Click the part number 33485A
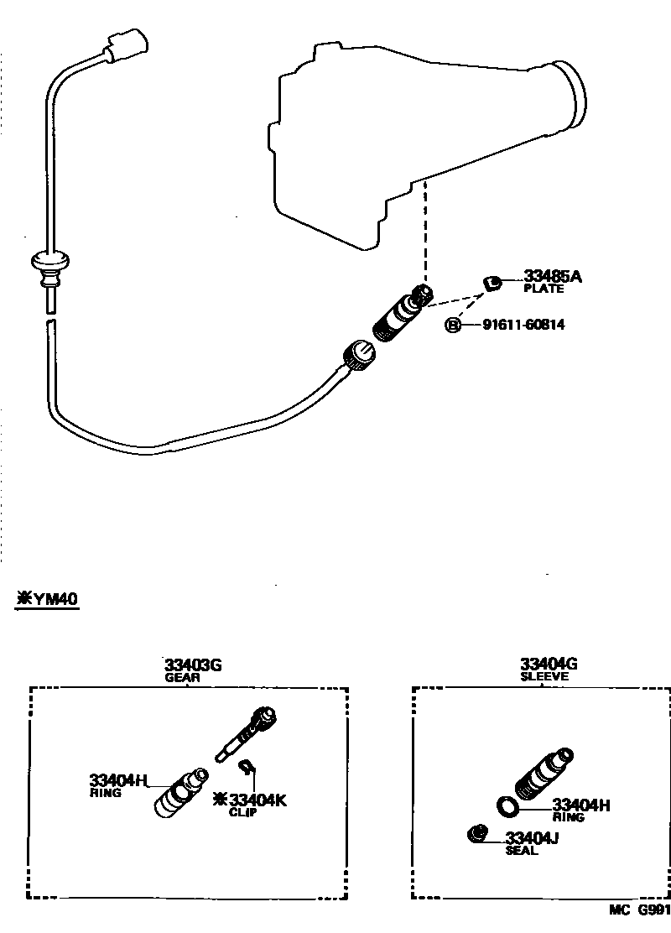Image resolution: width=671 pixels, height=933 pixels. [x=553, y=276]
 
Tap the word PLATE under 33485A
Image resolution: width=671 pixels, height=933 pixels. [x=544, y=289]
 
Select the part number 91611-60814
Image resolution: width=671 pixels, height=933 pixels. [x=523, y=325]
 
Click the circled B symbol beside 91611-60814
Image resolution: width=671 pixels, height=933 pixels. [x=453, y=325]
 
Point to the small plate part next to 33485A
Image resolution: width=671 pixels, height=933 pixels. [x=493, y=281]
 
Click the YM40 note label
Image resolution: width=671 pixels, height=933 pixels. [x=48, y=600]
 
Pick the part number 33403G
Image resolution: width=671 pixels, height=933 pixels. [x=193, y=665]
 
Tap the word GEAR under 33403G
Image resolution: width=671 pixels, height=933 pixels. [x=182, y=678]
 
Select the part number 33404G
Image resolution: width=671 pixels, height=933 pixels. [x=549, y=665]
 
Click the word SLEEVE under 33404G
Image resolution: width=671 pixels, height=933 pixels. [x=544, y=677]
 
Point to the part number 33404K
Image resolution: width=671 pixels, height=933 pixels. [x=257, y=800]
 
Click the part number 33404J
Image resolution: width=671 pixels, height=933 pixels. [x=533, y=837]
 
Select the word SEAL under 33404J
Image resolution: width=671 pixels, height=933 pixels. [x=521, y=851]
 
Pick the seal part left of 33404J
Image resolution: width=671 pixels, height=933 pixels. [x=476, y=833]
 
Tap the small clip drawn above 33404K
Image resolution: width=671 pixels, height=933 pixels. [x=247, y=765]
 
